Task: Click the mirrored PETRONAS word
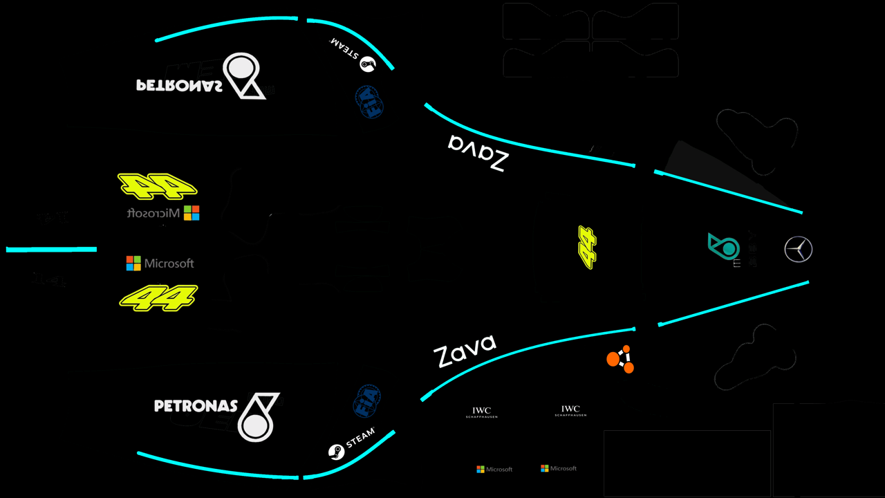(x=179, y=85)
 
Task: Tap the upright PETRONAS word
(x=196, y=406)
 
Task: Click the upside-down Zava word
(x=478, y=153)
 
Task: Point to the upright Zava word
(x=465, y=351)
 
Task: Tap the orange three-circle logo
(x=620, y=359)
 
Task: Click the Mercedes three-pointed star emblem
(x=799, y=249)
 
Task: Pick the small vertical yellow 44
(x=587, y=247)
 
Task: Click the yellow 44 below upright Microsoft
(x=159, y=298)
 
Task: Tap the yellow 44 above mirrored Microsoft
(x=157, y=185)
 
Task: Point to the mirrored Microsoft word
(x=153, y=213)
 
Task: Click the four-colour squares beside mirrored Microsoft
(x=192, y=213)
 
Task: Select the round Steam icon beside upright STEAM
(x=336, y=452)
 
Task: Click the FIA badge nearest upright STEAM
(x=366, y=401)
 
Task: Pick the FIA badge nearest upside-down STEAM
(x=369, y=102)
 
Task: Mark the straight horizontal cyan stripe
(x=51, y=249)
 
